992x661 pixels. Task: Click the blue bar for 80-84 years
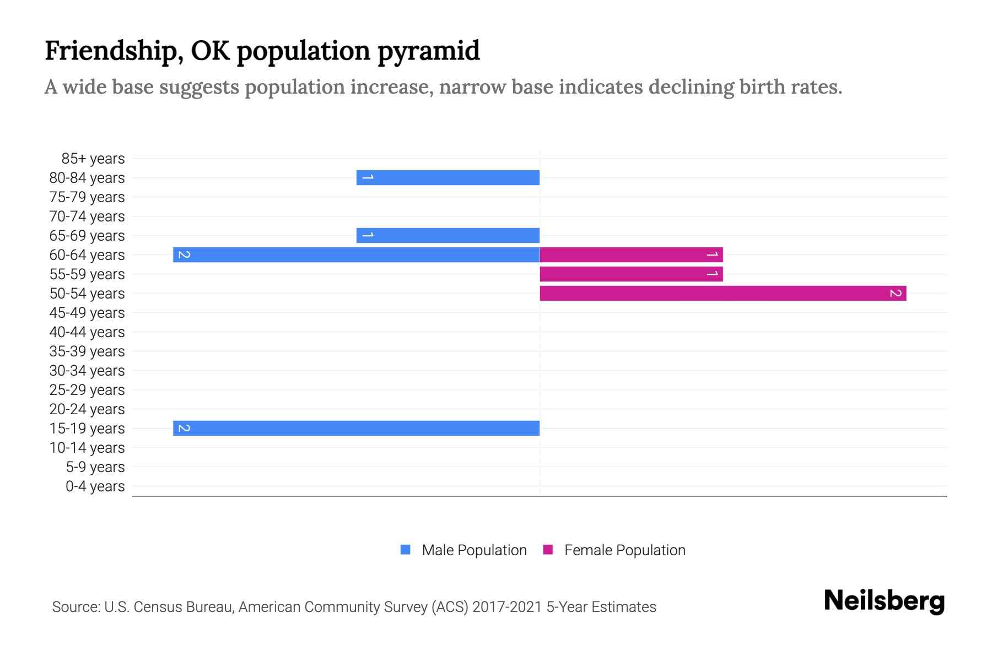coord(448,177)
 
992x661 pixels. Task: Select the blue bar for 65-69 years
coord(448,235)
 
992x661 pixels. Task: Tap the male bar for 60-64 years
coord(356,254)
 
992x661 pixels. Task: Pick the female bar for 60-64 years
coord(631,254)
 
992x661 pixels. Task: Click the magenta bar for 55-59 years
coord(631,274)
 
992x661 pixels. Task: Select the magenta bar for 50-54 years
coord(723,293)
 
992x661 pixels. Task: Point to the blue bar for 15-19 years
coord(356,428)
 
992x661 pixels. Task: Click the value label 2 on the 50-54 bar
coord(896,293)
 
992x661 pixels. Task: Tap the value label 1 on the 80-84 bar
coord(368,177)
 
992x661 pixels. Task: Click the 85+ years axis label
coord(93,159)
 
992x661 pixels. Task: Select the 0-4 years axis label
coord(95,486)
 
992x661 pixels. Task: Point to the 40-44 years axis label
coord(87,332)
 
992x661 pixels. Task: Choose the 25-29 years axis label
coord(87,390)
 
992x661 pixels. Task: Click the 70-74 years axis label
coord(87,216)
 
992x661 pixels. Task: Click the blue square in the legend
coord(406,550)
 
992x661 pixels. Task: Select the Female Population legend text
coord(624,550)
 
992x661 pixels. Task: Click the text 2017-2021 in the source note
coord(507,607)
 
